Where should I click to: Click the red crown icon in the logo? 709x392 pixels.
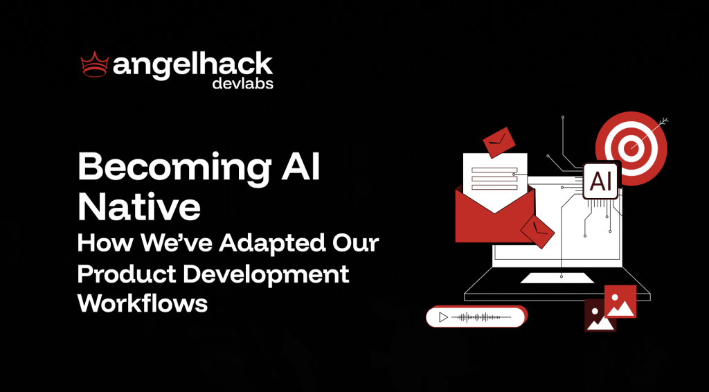click(95, 64)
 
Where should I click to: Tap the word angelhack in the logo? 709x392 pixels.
click(193, 66)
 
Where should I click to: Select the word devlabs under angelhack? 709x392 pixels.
click(243, 84)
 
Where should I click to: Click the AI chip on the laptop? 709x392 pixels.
click(601, 181)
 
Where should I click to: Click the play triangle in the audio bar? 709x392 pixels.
click(443, 317)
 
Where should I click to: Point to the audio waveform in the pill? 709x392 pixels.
click(481, 317)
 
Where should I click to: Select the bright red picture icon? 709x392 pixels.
click(620, 301)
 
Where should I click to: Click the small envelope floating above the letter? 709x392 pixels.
click(499, 142)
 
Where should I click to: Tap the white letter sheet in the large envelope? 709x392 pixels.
click(494, 181)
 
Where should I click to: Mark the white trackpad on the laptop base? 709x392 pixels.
click(557, 278)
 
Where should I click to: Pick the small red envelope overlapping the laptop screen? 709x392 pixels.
click(537, 231)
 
